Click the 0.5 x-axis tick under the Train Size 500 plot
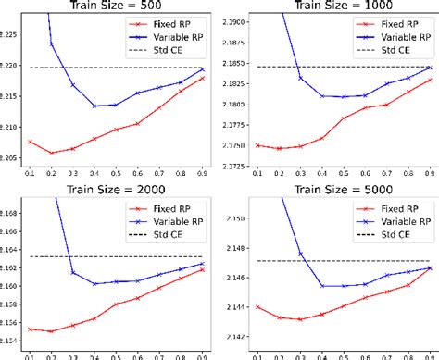(116, 174)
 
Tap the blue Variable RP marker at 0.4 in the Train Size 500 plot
(94, 106)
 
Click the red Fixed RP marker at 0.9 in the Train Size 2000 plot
(202, 269)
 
